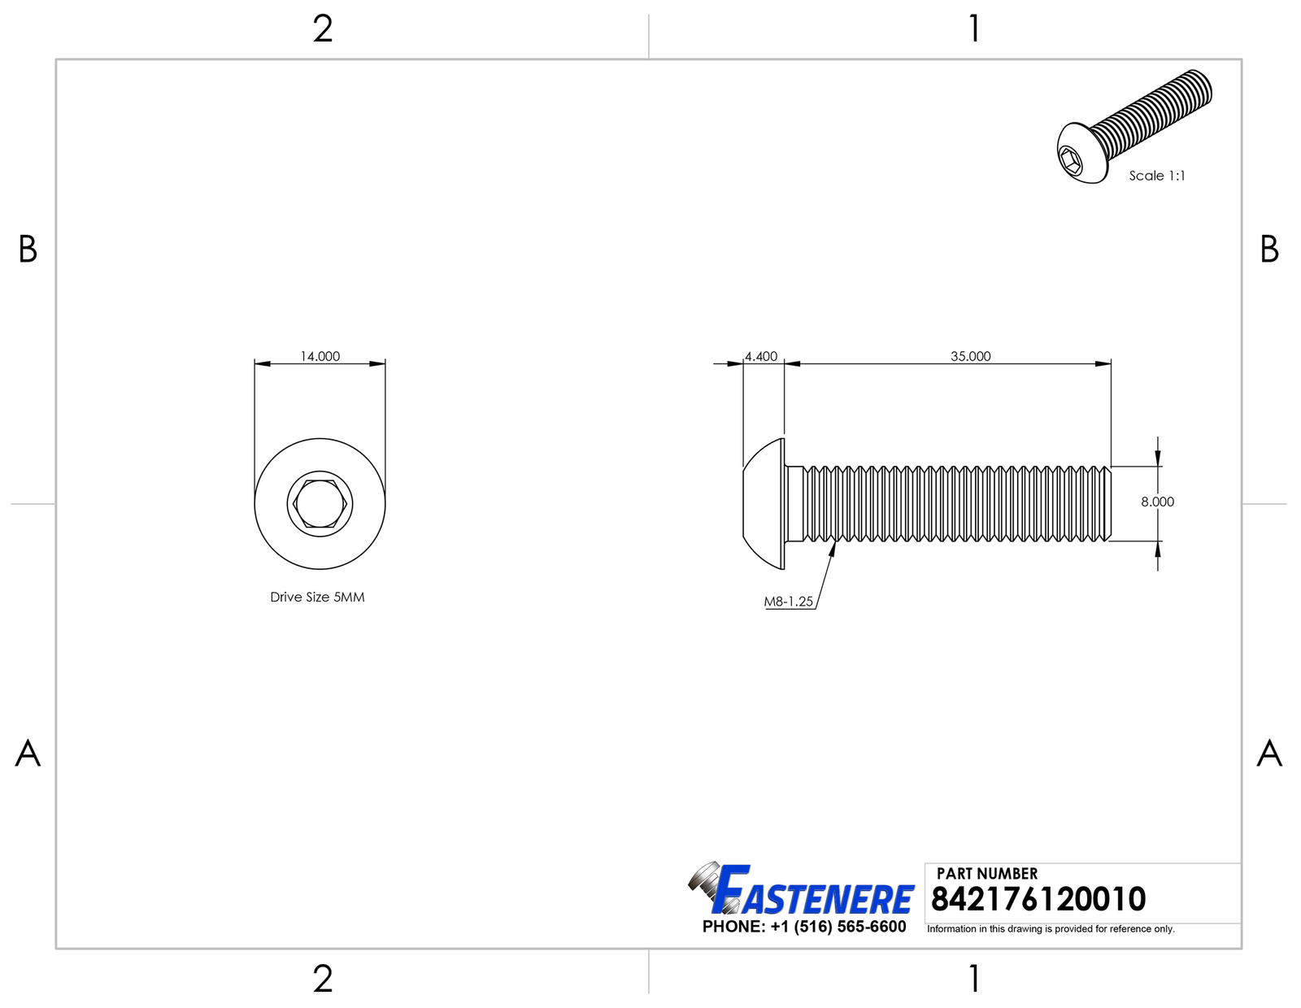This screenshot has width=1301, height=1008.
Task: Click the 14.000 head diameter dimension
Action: tap(320, 356)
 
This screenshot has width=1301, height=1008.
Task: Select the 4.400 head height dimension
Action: tap(760, 356)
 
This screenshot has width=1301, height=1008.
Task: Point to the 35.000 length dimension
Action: tap(971, 356)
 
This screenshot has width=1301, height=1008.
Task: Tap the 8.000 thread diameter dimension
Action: tap(1157, 502)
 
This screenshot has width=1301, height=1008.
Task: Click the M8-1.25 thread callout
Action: tap(789, 602)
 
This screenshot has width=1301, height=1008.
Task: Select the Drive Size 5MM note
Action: tap(317, 597)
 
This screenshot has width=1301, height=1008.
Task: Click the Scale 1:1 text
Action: tap(1157, 176)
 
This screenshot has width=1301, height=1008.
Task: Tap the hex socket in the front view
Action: tap(320, 503)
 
